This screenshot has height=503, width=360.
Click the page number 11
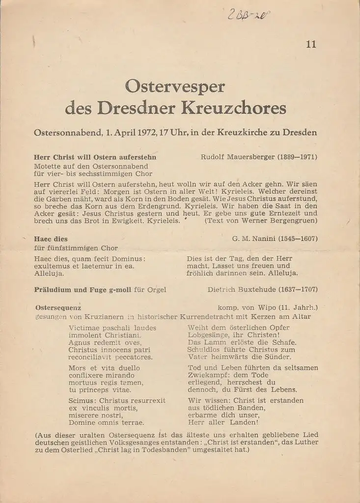pyautogui.click(x=311, y=44)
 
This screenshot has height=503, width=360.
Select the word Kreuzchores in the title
pyautogui.click(x=234, y=108)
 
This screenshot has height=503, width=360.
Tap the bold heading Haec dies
pyautogui.click(x=51, y=239)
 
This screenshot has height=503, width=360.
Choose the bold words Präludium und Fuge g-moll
pyautogui.click(x=83, y=290)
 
